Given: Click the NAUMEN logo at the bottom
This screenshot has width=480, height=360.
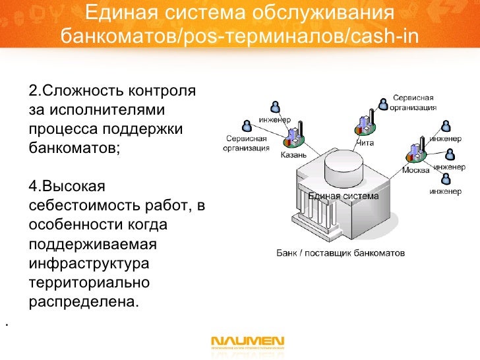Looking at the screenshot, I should click(x=247, y=342).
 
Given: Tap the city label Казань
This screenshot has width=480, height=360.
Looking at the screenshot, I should click(x=293, y=156).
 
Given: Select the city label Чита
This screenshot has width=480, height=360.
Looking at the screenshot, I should click(x=365, y=142).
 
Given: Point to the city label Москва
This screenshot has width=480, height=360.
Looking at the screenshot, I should click(x=416, y=170).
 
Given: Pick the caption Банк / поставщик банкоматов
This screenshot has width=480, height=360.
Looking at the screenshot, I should click(x=340, y=253).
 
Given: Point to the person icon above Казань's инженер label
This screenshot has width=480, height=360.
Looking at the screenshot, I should click(x=274, y=107).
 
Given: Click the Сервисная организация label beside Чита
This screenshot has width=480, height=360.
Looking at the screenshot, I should click(x=414, y=104).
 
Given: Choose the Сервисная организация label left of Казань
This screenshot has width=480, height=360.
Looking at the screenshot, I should click(x=247, y=143).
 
